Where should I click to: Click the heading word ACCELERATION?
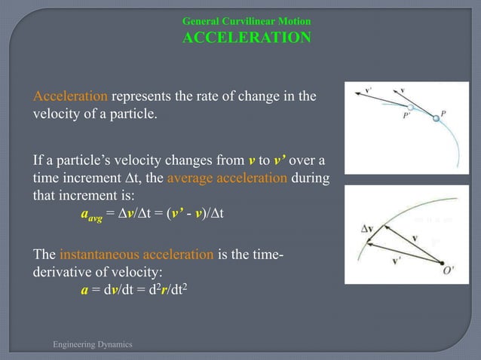click(246, 38)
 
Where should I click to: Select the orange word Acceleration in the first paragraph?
click(71, 96)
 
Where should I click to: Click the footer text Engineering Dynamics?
click(92, 344)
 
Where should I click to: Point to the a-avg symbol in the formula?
click(90, 214)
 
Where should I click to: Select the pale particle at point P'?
click(410, 108)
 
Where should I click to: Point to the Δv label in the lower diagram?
click(368, 225)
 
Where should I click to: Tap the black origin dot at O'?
click(442, 262)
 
